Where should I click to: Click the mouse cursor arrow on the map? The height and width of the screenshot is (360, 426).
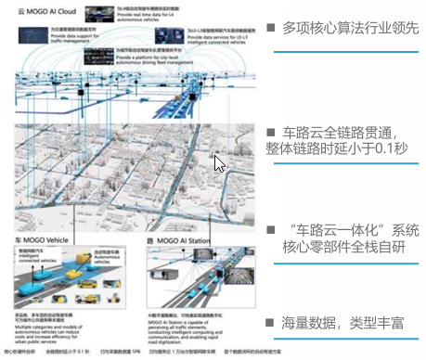220,164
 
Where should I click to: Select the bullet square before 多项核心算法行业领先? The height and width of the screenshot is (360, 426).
271,29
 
